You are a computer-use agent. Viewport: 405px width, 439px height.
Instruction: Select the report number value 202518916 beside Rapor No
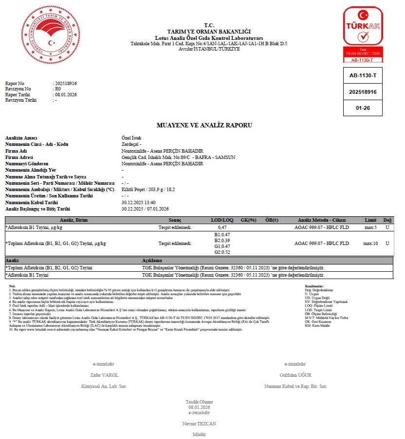coord(66,83)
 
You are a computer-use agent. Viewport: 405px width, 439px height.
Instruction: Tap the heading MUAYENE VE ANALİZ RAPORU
coord(204,125)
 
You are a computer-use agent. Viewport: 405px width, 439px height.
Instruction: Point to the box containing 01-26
coord(363,108)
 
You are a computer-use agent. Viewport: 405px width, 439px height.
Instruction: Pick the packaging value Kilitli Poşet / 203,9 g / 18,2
coord(148,189)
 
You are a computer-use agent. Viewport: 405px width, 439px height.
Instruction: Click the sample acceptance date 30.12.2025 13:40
coord(138,202)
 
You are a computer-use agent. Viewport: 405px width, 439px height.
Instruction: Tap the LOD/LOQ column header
coord(222,220)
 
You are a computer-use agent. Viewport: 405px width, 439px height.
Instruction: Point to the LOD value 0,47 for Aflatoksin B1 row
coord(222,227)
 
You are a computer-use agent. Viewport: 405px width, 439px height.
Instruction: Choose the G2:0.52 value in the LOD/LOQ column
coord(222,252)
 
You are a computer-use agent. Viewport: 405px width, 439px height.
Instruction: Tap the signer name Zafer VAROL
coord(104,375)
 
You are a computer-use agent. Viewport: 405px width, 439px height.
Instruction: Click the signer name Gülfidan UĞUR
coord(295,375)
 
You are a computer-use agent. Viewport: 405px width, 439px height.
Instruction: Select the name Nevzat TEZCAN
coord(199,423)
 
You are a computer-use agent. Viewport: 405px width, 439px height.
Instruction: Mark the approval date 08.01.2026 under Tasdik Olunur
coord(199,406)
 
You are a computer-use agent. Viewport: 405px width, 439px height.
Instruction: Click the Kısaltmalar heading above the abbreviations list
coord(314,286)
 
